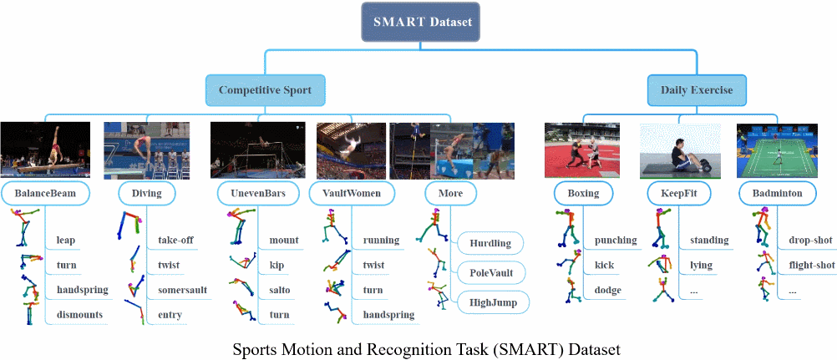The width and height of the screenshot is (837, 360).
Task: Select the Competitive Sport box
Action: (265, 89)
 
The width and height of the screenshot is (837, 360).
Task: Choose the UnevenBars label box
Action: (251, 194)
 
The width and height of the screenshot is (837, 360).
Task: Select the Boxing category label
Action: (582, 194)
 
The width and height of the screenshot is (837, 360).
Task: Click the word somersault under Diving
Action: (182, 290)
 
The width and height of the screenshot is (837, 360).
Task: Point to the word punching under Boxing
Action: (616, 241)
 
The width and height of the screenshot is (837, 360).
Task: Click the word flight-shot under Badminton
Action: (812, 266)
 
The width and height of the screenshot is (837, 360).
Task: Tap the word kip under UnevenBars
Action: (277, 266)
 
